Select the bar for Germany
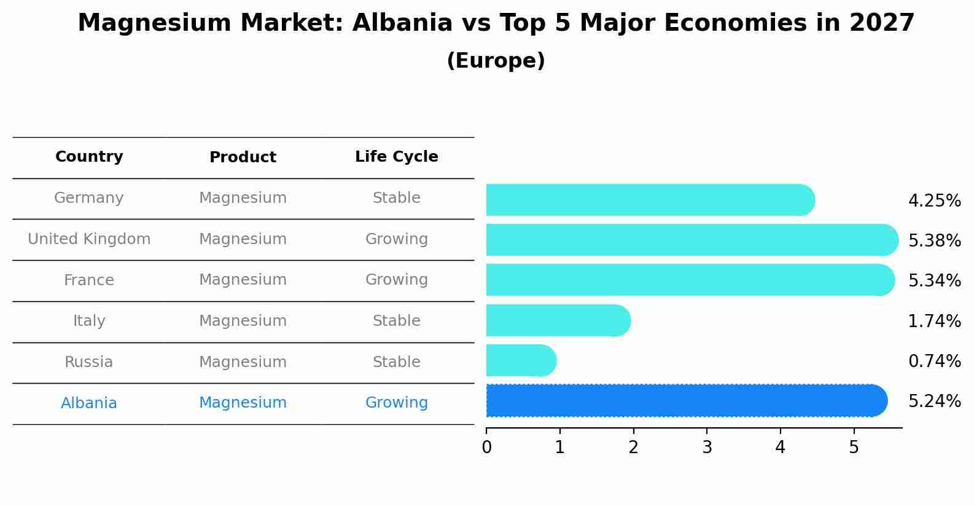coord(650,200)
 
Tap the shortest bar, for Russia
coord(521,360)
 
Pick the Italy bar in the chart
coord(558,320)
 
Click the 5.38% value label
coord(934,240)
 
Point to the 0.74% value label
coord(934,361)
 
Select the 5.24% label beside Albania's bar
coord(934,401)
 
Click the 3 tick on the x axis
coord(707,448)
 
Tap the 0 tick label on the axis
coord(487,448)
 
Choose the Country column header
coord(89,157)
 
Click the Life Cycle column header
coord(396,157)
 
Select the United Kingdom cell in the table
coord(89,239)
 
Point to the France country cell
coord(89,280)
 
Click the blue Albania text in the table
coord(89,403)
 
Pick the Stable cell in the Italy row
coord(396,321)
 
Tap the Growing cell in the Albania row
coord(396,403)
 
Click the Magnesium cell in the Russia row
coord(243,362)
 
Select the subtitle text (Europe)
coord(496,61)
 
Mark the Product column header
coord(243,157)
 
